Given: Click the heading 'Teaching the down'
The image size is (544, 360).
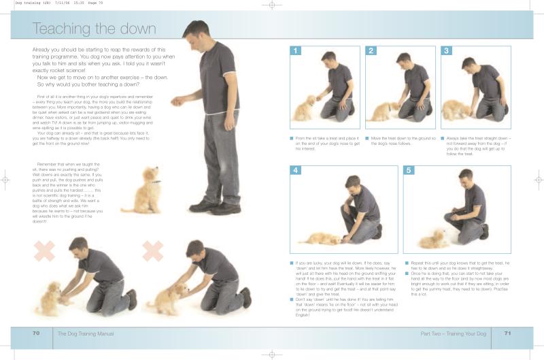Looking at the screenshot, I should (95, 29).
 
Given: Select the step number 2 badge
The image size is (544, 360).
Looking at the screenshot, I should (371, 50).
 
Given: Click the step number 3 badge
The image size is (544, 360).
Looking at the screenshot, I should (446, 50).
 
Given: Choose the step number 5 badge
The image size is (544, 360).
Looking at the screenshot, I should (409, 170).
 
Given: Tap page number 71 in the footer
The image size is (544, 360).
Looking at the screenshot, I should (507, 333).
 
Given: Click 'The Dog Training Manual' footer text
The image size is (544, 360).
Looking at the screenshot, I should (85, 334).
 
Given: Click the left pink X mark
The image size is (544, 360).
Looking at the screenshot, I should (44, 251).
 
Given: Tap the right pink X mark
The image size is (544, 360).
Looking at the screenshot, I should (153, 251).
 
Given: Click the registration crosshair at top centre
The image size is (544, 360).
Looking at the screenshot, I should (271, 5).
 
